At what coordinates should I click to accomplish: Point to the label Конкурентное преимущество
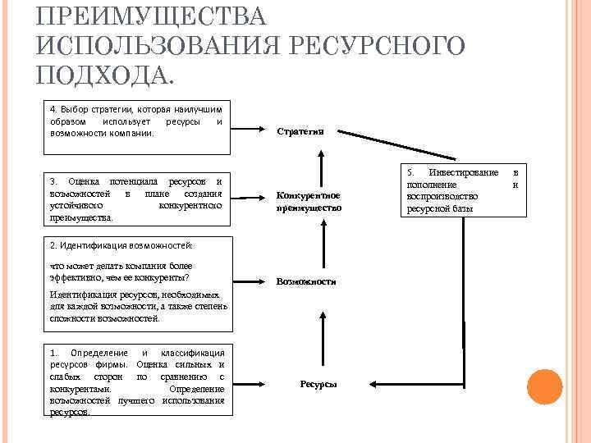click(x=309, y=202)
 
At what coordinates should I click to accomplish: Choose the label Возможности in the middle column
click(x=306, y=281)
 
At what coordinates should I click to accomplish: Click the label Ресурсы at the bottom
click(x=318, y=384)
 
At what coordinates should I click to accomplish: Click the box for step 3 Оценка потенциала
click(x=136, y=199)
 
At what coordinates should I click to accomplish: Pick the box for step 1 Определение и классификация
click(x=136, y=380)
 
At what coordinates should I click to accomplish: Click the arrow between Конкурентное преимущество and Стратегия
click(x=320, y=169)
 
